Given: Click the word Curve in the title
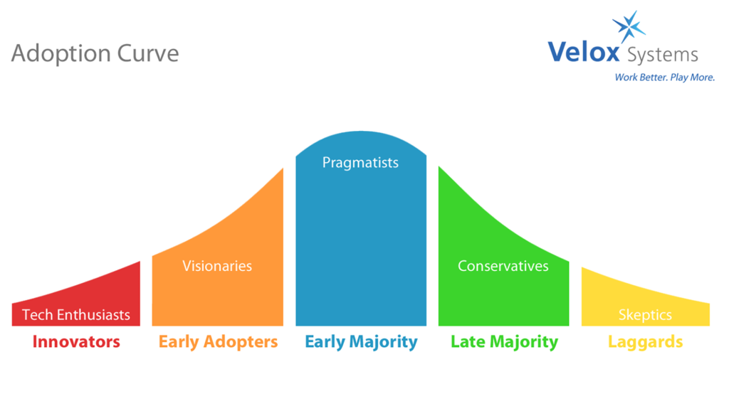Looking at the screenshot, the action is click(148, 53).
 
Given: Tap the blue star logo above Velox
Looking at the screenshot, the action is click(629, 26).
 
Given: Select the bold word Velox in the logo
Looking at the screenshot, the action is click(584, 51).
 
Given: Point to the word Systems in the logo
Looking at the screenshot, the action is click(663, 55).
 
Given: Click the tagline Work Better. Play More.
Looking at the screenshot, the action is click(664, 78).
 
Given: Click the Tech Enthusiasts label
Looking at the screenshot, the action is click(76, 315).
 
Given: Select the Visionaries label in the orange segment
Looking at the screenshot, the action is click(217, 266).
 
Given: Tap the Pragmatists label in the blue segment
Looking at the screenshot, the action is click(360, 163).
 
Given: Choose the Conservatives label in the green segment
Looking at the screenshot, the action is click(503, 266).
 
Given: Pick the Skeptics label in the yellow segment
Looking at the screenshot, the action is click(645, 315).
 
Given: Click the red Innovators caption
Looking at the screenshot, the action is click(76, 342).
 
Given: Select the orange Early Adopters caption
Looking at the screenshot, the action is click(218, 342).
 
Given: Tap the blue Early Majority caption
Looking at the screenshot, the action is click(361, 342).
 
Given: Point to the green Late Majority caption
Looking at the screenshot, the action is click(505, 342).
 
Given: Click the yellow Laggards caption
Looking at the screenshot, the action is click(645, 343).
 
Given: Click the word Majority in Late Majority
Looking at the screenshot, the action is click(524, 343).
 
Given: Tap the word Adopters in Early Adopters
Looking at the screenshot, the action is click(241, 343).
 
